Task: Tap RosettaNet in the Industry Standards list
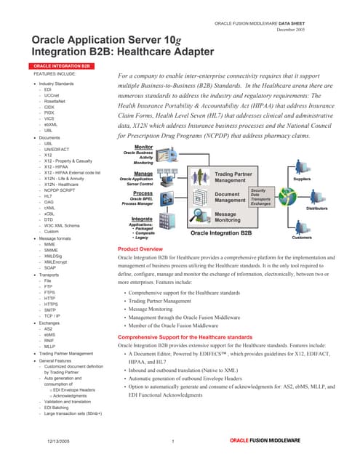tap(55, 102)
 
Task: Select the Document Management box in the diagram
tap(232, 198)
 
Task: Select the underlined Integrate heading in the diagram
tap(142, 218)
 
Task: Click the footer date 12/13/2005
tap(58, 442)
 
